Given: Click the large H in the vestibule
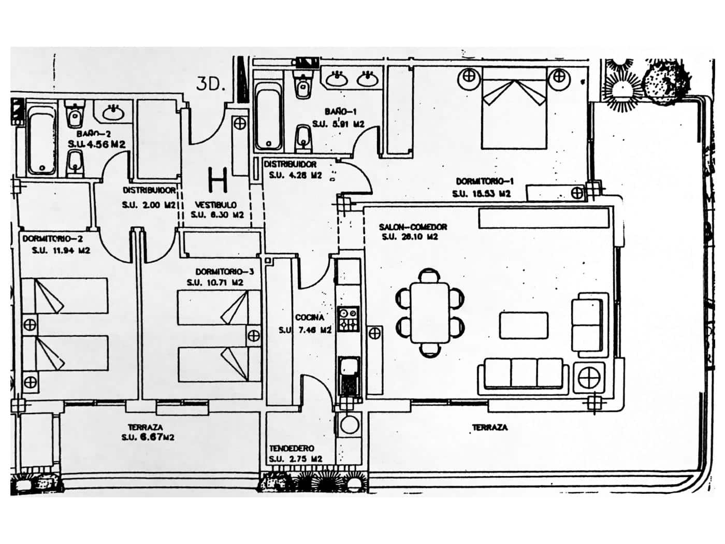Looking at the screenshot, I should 218,180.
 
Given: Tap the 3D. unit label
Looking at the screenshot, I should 210,84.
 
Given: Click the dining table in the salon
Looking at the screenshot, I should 430,312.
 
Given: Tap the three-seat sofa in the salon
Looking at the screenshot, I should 523,374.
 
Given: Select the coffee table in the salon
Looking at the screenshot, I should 524,325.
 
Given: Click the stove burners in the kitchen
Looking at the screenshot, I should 347,319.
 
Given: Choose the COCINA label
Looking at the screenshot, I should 310,317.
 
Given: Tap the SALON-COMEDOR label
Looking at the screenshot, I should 413,227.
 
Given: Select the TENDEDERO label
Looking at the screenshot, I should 292,448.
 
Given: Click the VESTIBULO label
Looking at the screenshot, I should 216,205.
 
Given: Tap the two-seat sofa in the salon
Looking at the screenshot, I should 586,324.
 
